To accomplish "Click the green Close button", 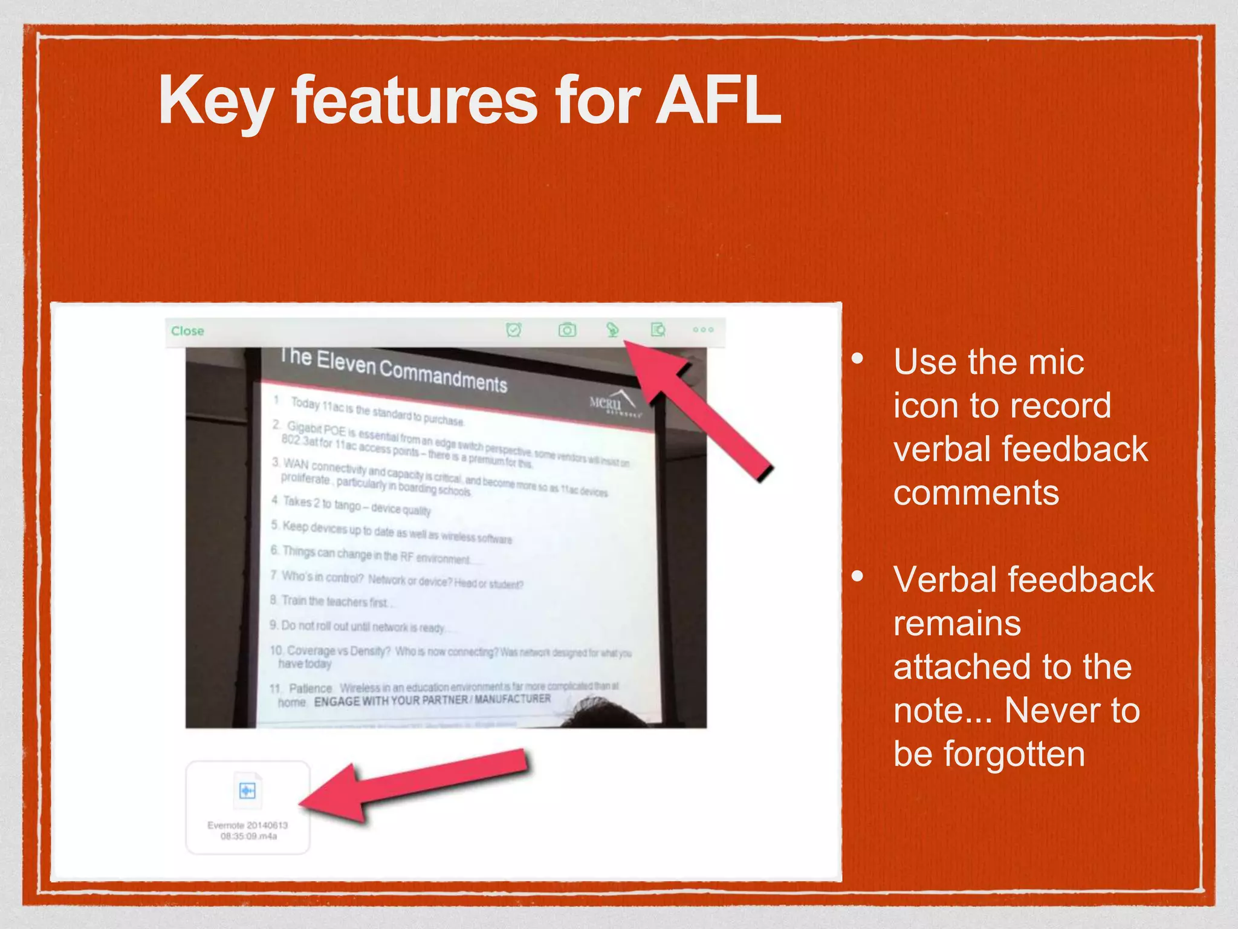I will click(187, 331).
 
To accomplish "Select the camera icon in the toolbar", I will click(567, 330).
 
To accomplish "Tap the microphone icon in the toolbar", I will click(612, 330).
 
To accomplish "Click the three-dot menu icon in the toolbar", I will click(703, 330).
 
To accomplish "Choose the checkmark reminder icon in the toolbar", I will click(514, 330).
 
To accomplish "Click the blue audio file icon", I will click(247, 790).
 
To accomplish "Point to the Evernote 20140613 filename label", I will click(248, 830).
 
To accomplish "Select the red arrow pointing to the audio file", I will click(411, 786).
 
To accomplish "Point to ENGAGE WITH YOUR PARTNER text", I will click(432, 700).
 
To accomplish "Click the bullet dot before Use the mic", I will click(857, 359).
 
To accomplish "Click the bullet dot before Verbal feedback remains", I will click(857, 576).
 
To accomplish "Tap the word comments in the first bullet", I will click(976, 493).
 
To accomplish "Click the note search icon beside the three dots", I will click(658, 330).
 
